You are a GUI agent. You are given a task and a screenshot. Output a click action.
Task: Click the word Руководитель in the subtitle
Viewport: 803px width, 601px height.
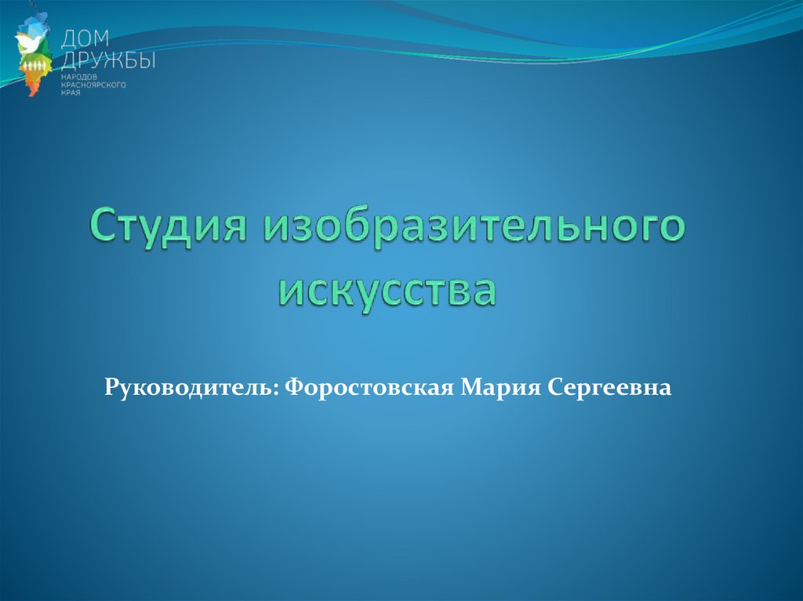189,388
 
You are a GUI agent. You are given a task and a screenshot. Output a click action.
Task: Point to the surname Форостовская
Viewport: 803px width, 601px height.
369,388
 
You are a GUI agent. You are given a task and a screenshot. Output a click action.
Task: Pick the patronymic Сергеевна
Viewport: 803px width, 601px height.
609,388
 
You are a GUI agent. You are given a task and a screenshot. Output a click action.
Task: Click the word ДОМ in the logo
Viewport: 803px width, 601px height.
85,39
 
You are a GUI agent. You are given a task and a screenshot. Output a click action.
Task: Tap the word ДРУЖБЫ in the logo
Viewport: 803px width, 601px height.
108,61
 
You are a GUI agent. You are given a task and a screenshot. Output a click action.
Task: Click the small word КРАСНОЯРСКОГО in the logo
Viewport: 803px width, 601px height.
93,85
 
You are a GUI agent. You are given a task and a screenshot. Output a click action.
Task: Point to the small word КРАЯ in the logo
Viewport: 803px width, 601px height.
71,92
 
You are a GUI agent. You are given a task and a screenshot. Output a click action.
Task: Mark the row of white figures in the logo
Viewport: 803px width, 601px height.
38,66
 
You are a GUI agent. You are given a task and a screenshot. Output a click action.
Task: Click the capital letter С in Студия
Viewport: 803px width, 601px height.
104,226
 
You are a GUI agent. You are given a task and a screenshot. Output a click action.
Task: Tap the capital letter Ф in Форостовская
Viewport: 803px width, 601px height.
295,388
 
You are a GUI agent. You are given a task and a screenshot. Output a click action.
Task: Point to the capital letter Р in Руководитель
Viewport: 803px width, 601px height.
112,388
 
